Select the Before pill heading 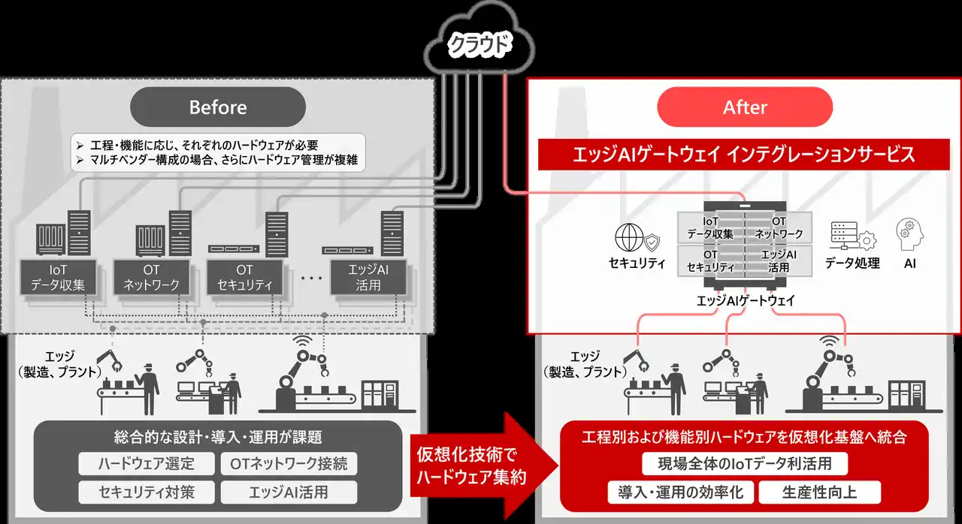click(x=218, y=107)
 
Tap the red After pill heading click(x=745, y=107)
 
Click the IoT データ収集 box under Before click(x=58, y=277)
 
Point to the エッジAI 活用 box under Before click(x=369, y=277)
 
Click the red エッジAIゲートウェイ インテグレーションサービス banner click(x=745, y=155)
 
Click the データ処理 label click(x=852, y=264)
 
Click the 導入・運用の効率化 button click(x=680, y=492)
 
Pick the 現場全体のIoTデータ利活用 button click(x=745, y=463)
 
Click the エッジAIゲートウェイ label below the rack click(x=745, y=301)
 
